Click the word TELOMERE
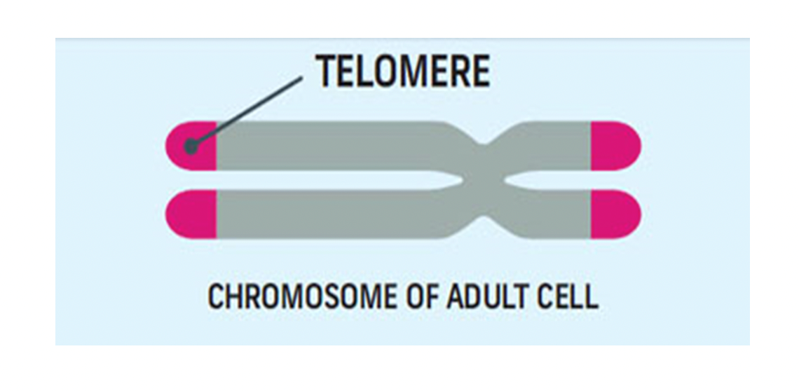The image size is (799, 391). [402, 71]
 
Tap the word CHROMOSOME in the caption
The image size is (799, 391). [301, 296]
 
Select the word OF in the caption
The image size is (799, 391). [421, 296]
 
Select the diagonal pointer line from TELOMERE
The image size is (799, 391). [247, 111]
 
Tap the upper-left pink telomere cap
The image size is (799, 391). [191, 146]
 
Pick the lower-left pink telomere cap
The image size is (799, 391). [191, 214]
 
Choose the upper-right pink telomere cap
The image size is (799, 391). [615, 146]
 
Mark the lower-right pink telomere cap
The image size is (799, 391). [615, 214]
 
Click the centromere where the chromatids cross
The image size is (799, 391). [483, 180]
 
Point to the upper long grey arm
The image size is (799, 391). [336, 146]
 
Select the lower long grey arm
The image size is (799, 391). [336, 214]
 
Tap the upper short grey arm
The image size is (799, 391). [548, 146]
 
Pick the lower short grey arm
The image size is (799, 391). [548, 214]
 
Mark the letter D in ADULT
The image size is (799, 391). [473, 296]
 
